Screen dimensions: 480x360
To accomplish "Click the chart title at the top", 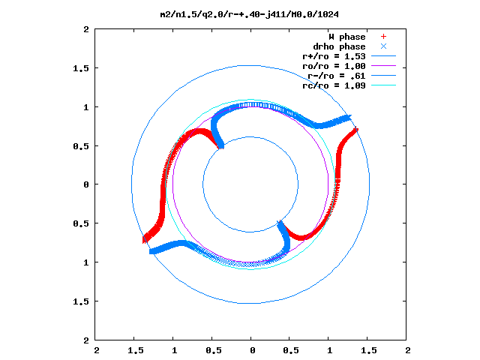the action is tap(250, 14).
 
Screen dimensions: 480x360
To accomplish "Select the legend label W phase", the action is tap(347, 37).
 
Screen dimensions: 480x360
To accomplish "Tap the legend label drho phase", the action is tap(339, 46).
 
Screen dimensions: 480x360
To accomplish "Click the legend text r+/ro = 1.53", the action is tap(334, 57).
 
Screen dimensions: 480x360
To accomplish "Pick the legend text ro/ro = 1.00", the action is tap(334, 67).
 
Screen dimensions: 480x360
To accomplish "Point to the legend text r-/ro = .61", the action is tap(337, 76).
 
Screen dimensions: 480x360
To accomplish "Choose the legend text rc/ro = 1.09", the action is tap(334, 85).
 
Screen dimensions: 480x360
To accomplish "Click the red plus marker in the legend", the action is tap(383, 37).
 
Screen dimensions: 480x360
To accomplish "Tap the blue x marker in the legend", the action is tap(383, 46).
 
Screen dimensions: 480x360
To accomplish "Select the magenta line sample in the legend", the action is tap(383, 66).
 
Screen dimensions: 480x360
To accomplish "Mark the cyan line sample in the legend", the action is tap(383, 85).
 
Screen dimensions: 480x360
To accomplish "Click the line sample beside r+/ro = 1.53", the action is tap(383, 56).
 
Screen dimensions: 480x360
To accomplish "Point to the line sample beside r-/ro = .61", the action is tap(383, 76).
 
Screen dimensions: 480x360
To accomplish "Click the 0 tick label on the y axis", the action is tap(86, 184).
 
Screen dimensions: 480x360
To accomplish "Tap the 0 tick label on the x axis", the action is tap(253, 350).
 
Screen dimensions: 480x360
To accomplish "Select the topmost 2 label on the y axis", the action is tap(86, 29).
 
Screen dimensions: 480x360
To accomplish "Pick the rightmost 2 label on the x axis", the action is tap(408, 350).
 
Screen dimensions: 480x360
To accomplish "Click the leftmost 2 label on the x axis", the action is tap(97, 350).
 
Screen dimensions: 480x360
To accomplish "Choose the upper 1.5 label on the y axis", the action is tap(81, 68).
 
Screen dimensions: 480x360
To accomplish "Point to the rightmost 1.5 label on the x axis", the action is tap(369, 350).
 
